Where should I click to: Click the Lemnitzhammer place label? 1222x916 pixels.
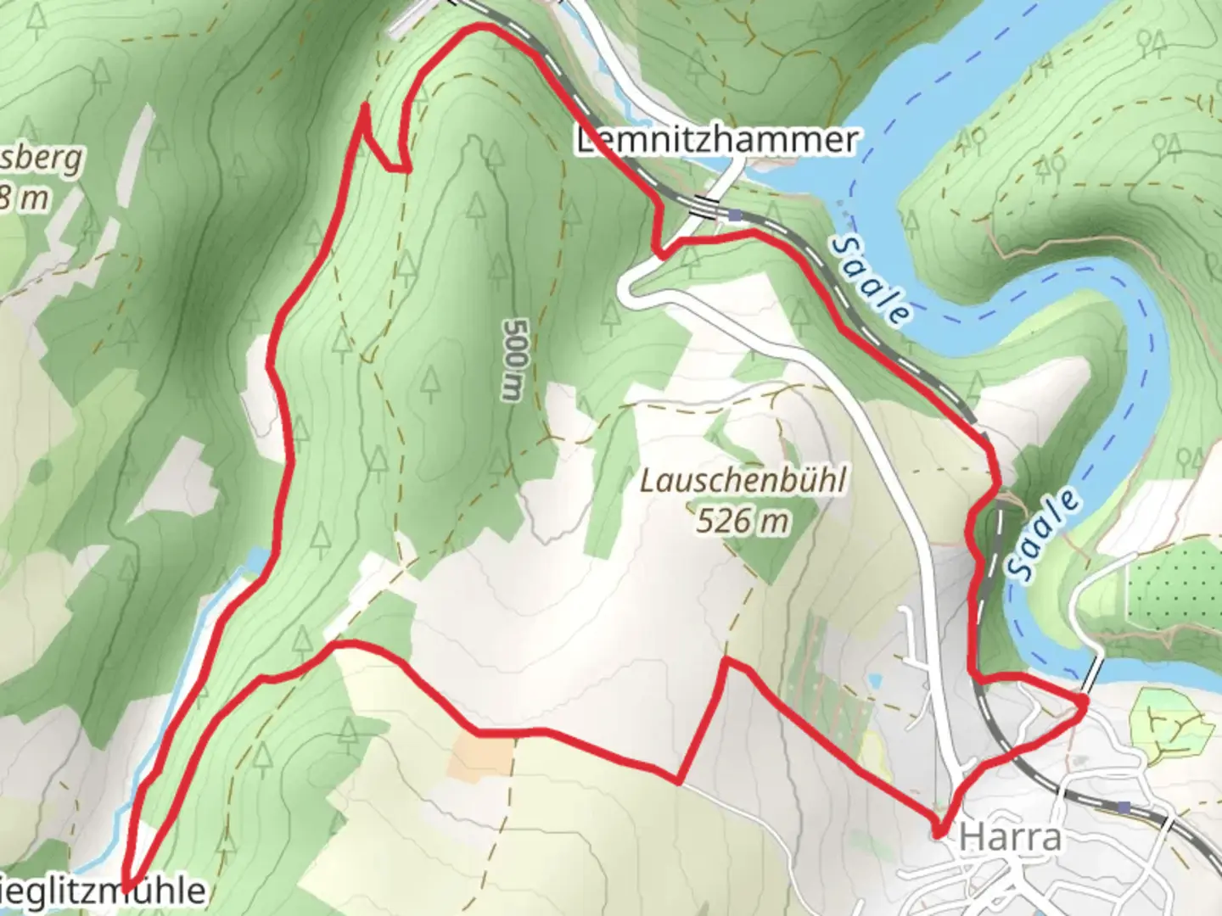point(716,140)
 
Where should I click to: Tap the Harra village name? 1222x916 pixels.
point(1010,838)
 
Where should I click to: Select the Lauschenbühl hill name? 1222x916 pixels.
point(743,481)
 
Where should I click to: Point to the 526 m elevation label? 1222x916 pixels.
point(743,520)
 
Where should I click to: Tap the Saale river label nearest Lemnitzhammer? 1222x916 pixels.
point(871,281)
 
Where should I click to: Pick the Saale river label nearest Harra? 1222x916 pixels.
point(1046,535)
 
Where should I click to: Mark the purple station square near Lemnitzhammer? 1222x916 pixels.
point(735,216)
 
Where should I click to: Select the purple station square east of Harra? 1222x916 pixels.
point(1124,807)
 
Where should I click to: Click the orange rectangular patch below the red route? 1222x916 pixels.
point(480,756)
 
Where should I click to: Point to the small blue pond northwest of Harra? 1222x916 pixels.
point(874,681)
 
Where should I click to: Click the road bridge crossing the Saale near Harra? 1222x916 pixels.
point(1093,674)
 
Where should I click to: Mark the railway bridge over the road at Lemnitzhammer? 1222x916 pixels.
point(703,206)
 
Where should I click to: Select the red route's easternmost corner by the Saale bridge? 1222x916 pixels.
point(1085,701)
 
